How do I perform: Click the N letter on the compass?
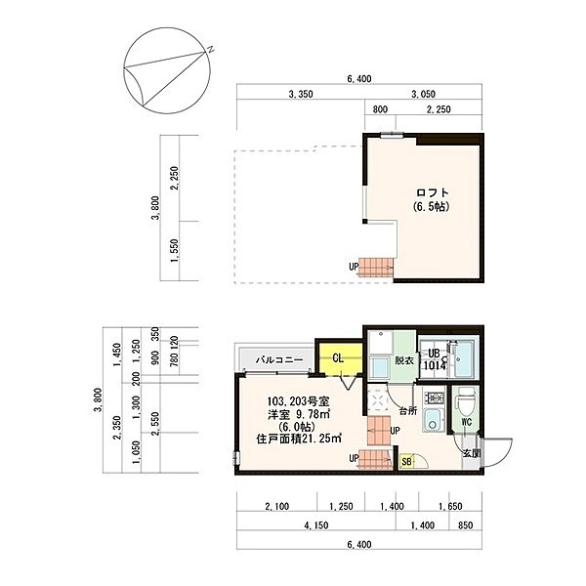[209, 48]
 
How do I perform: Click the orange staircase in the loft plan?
[376, 264]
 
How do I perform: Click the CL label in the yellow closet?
[338, 358]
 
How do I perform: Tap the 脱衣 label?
[404, 360]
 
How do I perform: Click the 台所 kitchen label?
[408, 411]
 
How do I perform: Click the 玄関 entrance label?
[471, 452]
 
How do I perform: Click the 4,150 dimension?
[314, 526]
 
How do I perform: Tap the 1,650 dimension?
[449, 508]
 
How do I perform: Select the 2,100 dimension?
[277, 508]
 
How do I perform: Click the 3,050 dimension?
[423, 95]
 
